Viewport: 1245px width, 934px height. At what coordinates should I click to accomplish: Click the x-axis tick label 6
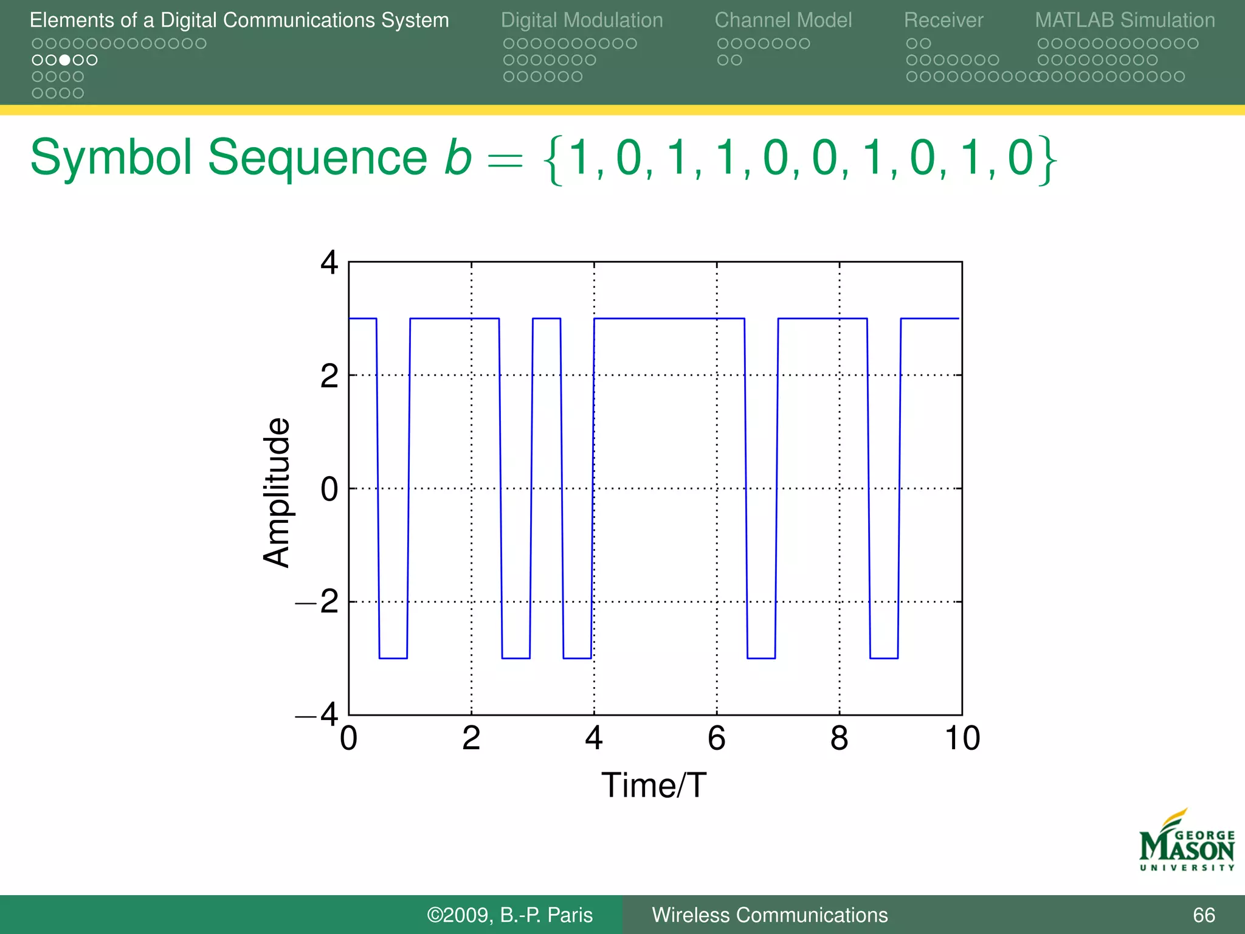click(x=716, y=739)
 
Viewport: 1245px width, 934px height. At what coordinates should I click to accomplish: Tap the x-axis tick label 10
click(x=962, y=739)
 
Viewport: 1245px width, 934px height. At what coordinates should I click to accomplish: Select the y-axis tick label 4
click(x=329, y=263)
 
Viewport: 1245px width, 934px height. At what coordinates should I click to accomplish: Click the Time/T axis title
click(x=654, y=785)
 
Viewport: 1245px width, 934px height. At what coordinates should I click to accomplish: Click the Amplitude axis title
click(x=277, y=493)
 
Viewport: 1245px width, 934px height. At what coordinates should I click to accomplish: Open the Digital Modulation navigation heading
click(x=581, y=20)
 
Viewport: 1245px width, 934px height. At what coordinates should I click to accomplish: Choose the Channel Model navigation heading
click(x=783, y=20)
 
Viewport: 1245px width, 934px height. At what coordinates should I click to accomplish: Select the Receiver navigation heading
click(x=943, y=20)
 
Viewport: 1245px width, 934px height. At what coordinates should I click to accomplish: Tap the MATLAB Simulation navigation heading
click(x=1125, y=20)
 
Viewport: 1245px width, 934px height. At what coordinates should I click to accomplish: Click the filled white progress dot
click(x=64, y=60)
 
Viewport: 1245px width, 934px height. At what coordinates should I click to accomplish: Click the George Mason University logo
click(x=1186, y=842)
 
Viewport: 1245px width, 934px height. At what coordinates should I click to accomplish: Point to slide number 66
click(x=1204, y=915)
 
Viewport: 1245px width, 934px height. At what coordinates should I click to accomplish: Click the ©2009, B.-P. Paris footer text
click(x=509, y=915)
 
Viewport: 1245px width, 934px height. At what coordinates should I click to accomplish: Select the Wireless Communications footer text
click(x=770, y=915)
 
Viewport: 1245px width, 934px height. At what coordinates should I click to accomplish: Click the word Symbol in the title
click(x=111, y=158)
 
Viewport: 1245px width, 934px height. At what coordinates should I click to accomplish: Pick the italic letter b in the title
click(x=458, y=158)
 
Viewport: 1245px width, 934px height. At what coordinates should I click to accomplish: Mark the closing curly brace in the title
click(x=1047, y=160)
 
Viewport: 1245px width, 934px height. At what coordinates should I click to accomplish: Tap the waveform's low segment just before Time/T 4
click(x=577, y=658)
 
